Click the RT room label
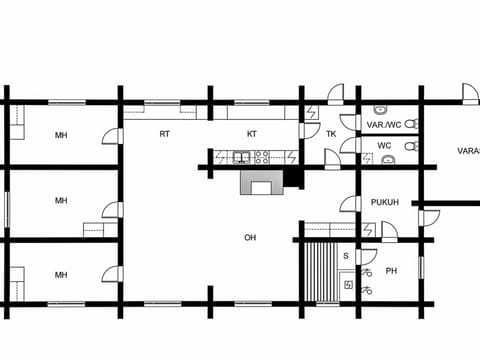tap(164, 133)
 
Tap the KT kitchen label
tap(252, 133)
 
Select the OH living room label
tap(250, 237)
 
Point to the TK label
tap(331, 133)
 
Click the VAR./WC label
tap(382, 125)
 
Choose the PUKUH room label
tap(385, 202)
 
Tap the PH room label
tap(391, 270)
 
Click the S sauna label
tap(345, 256)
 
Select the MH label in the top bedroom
tap(61, 135)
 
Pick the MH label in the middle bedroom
tap(61, 200)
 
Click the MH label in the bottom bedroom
tap(61, 274)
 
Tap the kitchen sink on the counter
tap(242, 157)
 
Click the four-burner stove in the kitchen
tap(263, 157)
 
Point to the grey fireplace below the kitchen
tap(262, 183)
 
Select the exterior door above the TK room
tap(336, 93)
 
